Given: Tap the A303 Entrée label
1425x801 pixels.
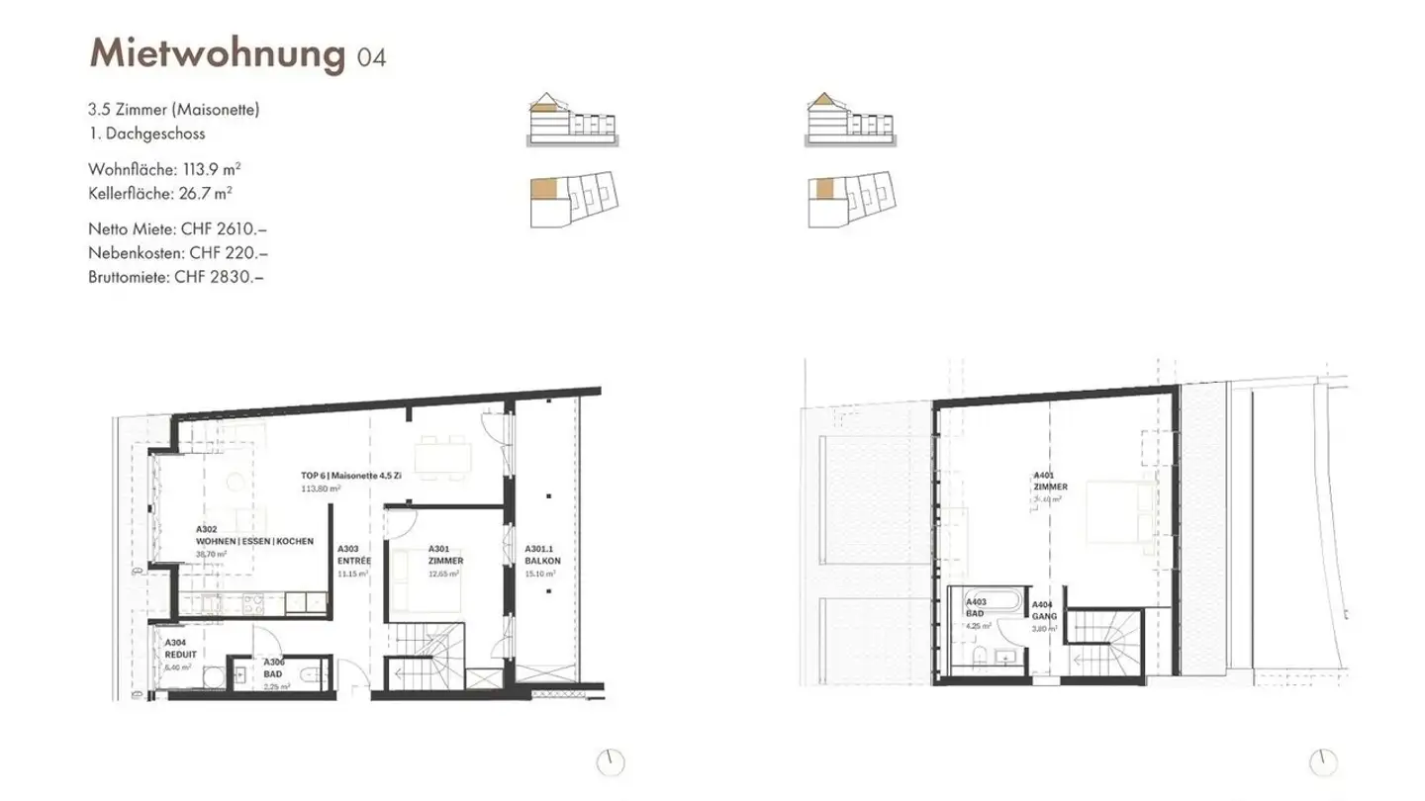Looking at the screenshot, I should click(x=354, y=554).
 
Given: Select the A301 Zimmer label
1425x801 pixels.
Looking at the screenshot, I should click(x=445, y=554).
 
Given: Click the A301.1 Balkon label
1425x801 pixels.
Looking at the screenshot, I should click(x=542, y=554).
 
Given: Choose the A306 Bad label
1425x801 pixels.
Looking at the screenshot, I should click(x=273, y=667).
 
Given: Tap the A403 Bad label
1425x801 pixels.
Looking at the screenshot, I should click(x=977, y=607).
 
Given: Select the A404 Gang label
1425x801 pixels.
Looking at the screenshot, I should click(x=1044, y=609).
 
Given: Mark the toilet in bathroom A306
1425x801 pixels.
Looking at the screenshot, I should click(x=311, y=674).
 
